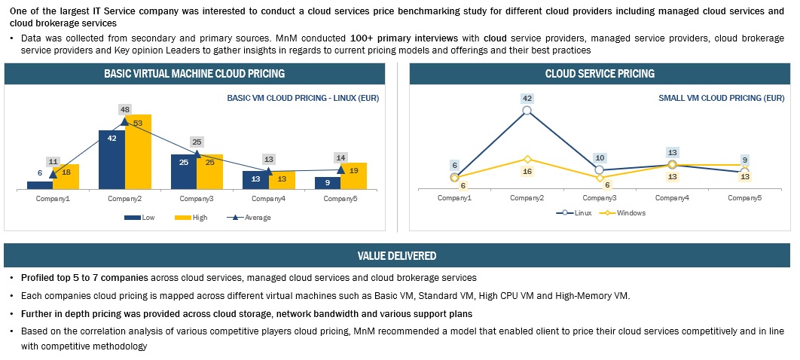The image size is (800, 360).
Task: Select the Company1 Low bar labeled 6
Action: [x=40, y=185]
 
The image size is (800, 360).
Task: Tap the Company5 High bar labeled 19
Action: [x=354, y=175]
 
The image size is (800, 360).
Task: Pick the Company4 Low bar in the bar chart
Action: [x=255, y=179]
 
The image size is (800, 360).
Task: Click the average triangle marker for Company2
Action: [x=125, y=121]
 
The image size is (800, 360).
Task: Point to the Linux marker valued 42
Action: [x=527, y=111]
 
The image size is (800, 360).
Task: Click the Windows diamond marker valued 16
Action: [x=527, y=159]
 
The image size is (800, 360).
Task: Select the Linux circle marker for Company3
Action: [x=599, y=170]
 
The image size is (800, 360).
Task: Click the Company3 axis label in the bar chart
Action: [x=197, y=199]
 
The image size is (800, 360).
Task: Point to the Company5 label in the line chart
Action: [x=744, y=197]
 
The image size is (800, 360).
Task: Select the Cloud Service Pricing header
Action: [x=600, y=74]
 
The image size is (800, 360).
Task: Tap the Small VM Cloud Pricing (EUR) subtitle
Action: [x=710, y=98]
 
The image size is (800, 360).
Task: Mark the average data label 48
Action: [x=126, y=109]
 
